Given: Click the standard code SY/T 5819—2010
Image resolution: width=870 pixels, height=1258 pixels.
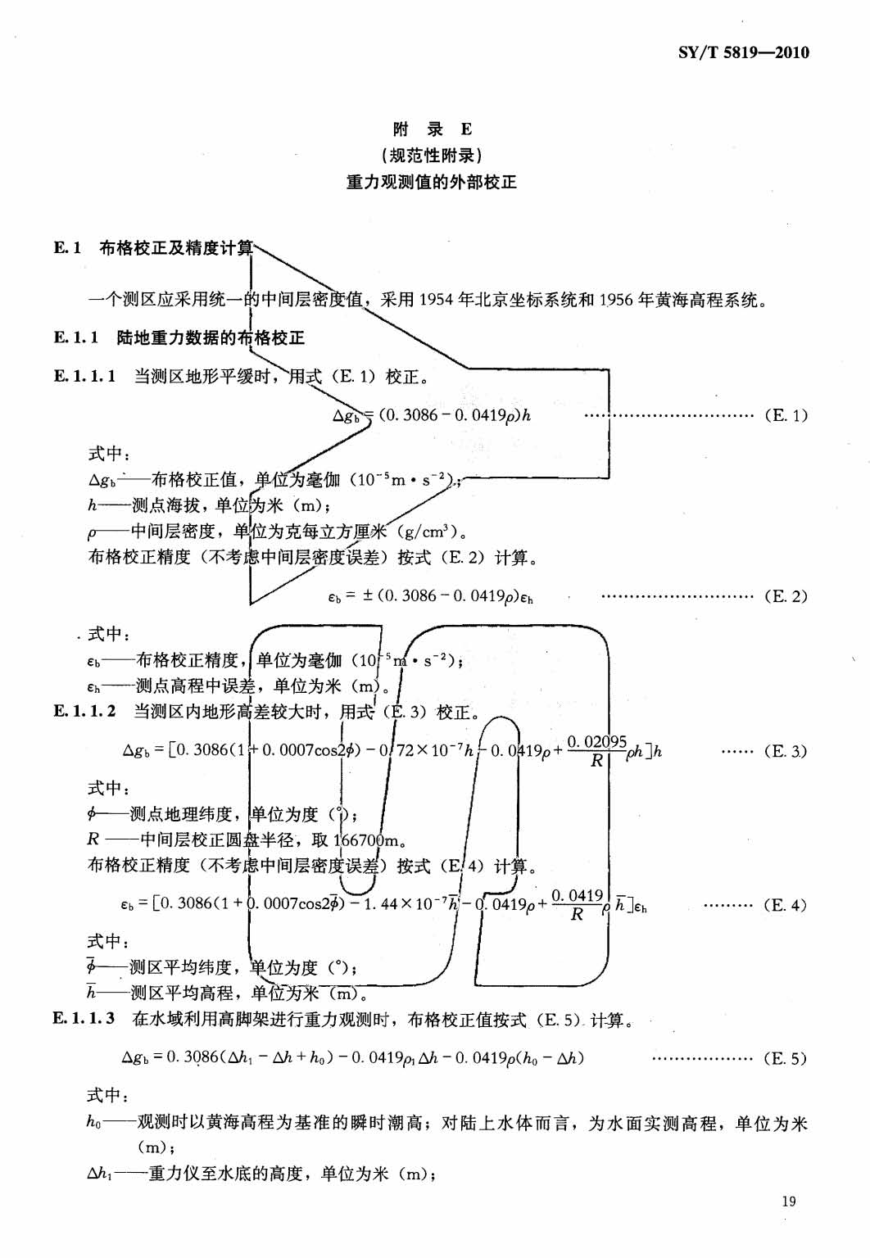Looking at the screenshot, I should [x=743, y=53].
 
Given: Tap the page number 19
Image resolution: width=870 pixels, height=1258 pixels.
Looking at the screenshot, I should [x=788, y=1201].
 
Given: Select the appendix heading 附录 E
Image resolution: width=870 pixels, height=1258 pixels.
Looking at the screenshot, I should [x=432, y=129].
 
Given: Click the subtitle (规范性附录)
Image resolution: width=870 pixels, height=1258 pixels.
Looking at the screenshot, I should [x=432, y=156].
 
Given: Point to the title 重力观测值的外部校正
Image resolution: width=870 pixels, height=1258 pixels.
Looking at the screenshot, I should [x=432, y=182].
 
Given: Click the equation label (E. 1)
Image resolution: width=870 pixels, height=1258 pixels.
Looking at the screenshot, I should [x=786, y=415].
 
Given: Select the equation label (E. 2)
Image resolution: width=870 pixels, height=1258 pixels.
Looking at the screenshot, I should [x=786, y=596].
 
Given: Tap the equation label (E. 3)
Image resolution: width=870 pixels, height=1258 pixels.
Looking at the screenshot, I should [x=786, y=751].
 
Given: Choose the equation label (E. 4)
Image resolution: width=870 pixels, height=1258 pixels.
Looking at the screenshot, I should [x=785, y=905].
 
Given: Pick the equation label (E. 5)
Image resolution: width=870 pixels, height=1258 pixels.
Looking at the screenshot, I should [x=785, y=1058].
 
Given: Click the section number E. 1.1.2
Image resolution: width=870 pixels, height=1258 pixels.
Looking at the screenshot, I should [x=85, y=711].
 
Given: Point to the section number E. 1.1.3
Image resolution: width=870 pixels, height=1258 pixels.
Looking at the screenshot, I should [x=84, y=1018].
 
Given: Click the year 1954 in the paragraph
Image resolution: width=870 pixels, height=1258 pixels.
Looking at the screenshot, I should [x=437, y=300].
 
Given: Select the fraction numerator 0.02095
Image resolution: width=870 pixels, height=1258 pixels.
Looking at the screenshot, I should [x=596, y=742].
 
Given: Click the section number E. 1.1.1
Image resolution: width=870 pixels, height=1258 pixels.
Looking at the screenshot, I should [x=85, y=376].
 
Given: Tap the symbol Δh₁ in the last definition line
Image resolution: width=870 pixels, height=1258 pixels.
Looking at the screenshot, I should [x=99, y=1174].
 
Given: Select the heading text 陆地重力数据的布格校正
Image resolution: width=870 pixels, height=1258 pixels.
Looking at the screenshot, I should [x=211, y=337].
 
